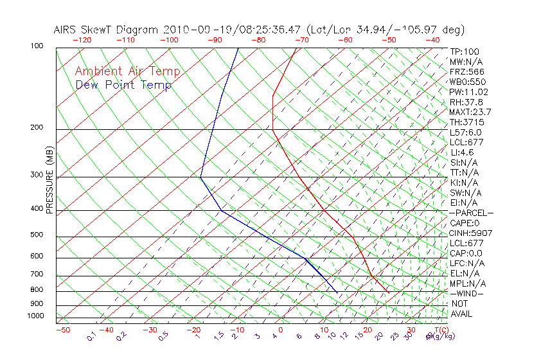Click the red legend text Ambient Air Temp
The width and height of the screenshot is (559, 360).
coord(128,71)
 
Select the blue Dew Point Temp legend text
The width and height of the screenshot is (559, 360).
coord(123,85)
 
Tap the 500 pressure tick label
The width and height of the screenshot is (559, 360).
coord(37,235)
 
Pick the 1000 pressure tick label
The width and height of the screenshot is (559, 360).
coord(35,316)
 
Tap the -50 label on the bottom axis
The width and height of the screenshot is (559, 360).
coord(62,330)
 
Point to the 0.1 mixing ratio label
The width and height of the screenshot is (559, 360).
coord(91,336)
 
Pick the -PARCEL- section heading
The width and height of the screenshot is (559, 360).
coord(471,213)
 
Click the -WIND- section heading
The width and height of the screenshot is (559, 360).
coord(467,294)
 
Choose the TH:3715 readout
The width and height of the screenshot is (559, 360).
coord(467,122)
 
